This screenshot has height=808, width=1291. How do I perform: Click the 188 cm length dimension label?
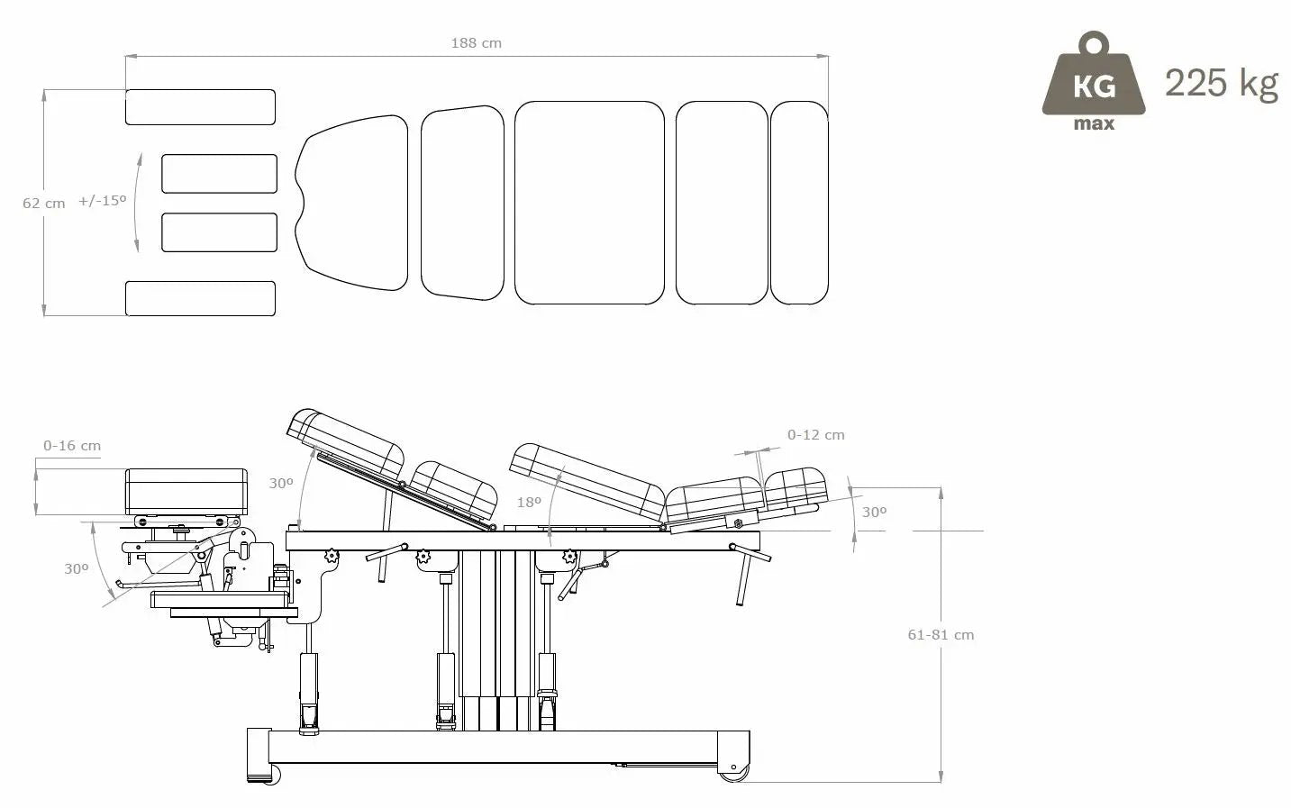coord(476,42)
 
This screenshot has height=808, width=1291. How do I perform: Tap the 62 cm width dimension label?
coord(43,204)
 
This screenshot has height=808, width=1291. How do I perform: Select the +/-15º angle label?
coord(102,201)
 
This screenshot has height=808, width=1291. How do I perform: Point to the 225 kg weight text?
coord(1221,83)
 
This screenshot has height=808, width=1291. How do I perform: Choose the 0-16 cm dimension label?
coord(72,445)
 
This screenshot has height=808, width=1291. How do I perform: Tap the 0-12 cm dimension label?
coord(815,434)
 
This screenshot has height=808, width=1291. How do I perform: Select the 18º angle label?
coord(529,502)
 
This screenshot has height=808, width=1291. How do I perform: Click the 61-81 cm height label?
coord(941,634)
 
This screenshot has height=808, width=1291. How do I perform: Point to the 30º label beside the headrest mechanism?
coord(76,568)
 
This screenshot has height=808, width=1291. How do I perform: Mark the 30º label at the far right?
coord(874,512)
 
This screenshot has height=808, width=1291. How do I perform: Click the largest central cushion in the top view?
coord(589,203)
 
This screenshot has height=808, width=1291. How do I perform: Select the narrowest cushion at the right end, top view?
coord(798,203)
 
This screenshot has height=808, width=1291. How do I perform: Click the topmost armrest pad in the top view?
coord(200,107)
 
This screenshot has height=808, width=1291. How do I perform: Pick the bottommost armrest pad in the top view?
coord(200,298)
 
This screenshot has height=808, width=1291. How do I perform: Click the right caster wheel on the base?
coord(732,772)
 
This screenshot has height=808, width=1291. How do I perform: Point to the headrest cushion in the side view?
coord(186,491)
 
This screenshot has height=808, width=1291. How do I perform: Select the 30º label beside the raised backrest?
coord(281,484)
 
